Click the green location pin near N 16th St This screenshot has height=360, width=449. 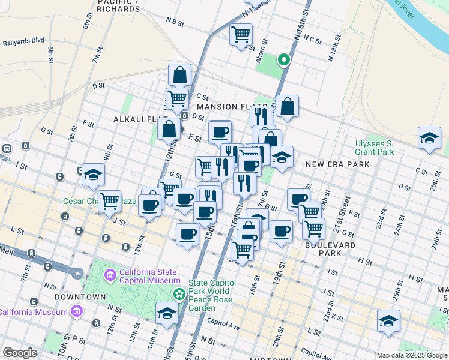(x=283, y=59)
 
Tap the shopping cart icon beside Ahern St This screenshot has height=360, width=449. (x=241, y=35)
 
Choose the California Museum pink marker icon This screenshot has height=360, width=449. (x=76, y=311)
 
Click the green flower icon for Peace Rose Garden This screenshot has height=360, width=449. (x=179, y=294)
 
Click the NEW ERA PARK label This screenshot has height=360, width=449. (x=332, y=164)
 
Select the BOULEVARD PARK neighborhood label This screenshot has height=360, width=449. (x=330, y=249)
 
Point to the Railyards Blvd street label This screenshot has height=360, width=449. (x=23, y=42)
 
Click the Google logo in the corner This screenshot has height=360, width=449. (x=20, y=353)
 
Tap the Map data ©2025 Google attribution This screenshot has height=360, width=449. (x=412, y=355)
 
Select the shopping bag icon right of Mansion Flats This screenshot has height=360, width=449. (x=288, y=106)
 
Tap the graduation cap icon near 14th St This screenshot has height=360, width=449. (x=167, y=313)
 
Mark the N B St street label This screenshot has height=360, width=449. (x=175, y=22)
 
